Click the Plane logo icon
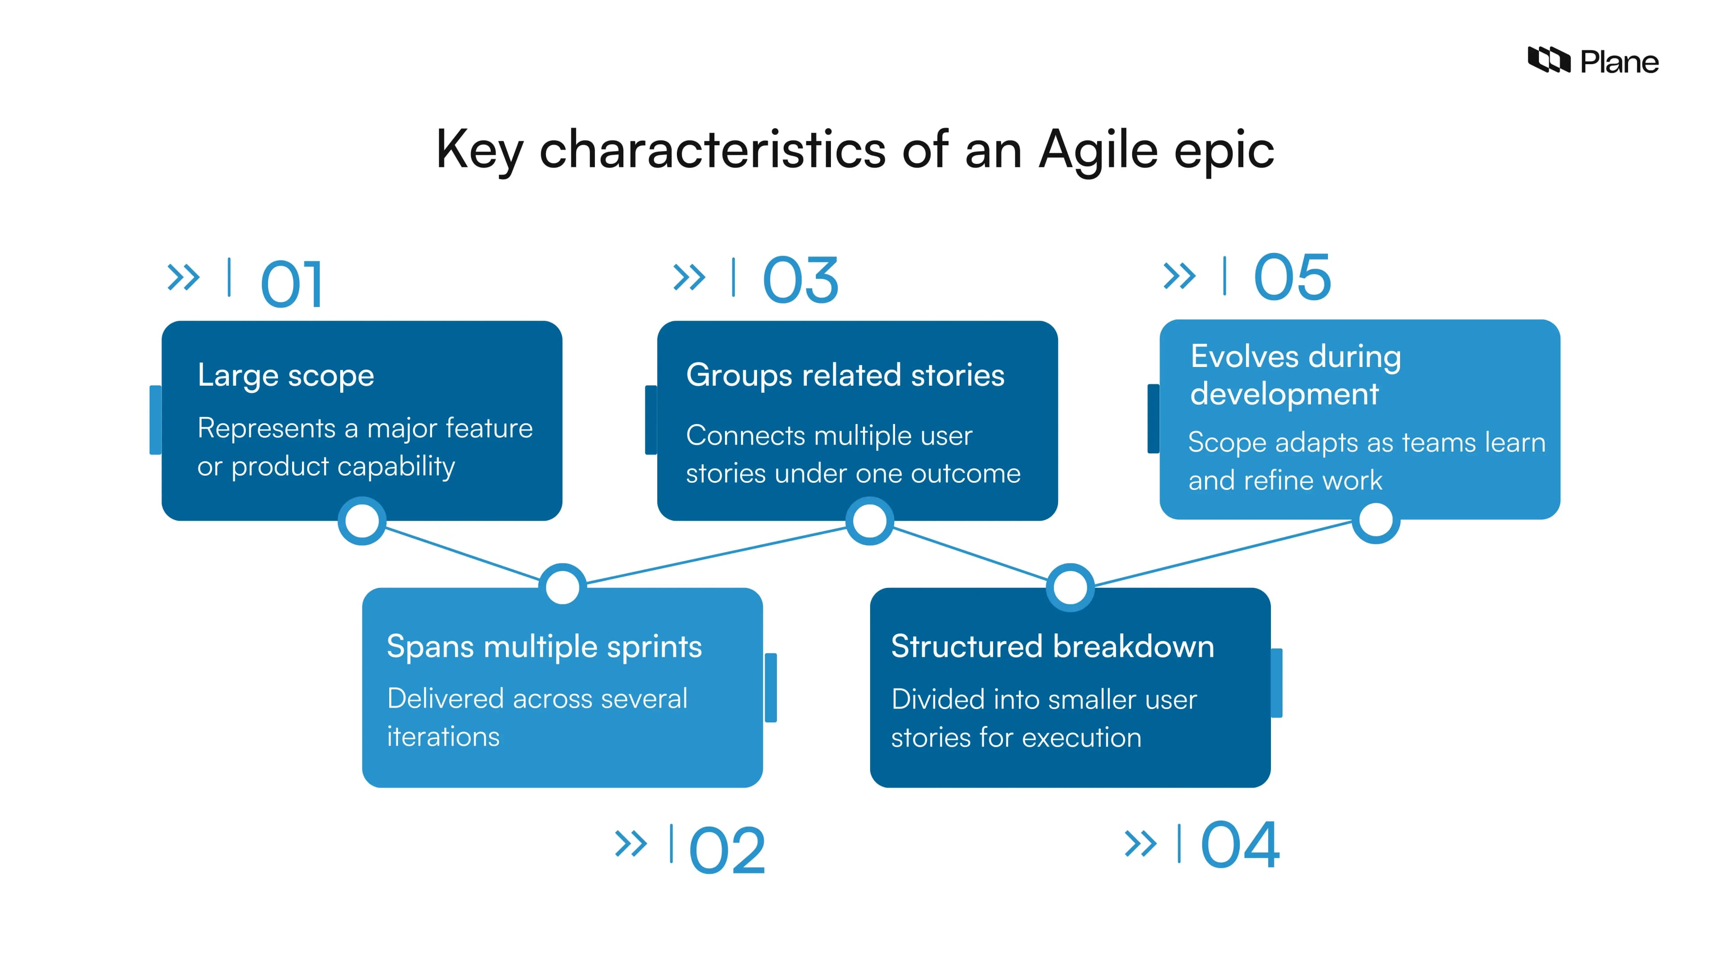pyautogui.click(x=1549, y=61)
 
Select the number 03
pyautogui.click(x=801, y=280)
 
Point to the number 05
pyautogui.click(x=1292, y=277)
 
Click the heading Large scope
pyautogui.click(x=285, y=376)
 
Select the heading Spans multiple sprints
pyautogui.click(x=544, y=647)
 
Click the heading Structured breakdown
pyautogui.click(x=1052, y=647)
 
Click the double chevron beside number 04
pyautogui.click(x=1140, y=844)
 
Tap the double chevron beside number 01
pyautogui.click(x=183, y=277)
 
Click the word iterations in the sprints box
pyautogui.click(x=443, y=737)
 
